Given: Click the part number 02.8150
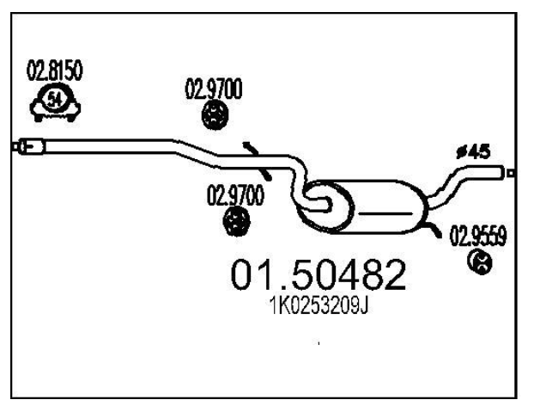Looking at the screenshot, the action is [54, 71].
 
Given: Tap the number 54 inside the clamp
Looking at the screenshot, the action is [54, 99].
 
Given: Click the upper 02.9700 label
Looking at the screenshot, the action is [214, 89].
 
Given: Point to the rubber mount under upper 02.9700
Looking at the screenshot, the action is [215, 115].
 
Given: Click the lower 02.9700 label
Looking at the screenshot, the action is [235, 195].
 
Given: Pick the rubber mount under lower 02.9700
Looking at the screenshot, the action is [236, 222].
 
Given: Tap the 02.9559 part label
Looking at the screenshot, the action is [478, 235].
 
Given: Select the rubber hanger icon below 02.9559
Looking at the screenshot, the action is [480, 262].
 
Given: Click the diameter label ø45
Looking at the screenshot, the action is [473, 152].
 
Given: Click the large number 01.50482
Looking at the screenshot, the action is [319, 274].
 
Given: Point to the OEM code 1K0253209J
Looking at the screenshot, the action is [319, 305].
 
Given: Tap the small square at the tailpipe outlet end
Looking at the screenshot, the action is [510, 173].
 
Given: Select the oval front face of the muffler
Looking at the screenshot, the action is [325, 207].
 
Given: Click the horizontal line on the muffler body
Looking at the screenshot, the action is [385, 214].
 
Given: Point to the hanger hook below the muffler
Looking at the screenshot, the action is [432, 230].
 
